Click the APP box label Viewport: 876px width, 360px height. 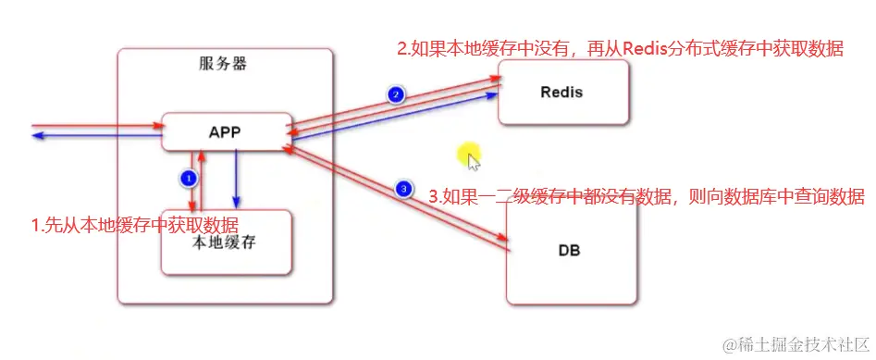coord(225,132)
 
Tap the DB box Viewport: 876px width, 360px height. coord(570,250)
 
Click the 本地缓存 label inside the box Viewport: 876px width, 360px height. coord(226,243)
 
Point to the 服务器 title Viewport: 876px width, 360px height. coord(223,64)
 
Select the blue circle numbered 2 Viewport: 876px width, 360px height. coord(395,94)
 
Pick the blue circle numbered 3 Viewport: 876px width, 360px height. coord(402,189)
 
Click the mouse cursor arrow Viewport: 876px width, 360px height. coord(474,163)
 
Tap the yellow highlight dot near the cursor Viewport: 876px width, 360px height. coord(469,152)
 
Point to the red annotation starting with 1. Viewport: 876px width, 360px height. coord(134,225)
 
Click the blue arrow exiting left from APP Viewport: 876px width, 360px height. coord(93,137)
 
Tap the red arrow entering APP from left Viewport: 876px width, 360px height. coord(93,125)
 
